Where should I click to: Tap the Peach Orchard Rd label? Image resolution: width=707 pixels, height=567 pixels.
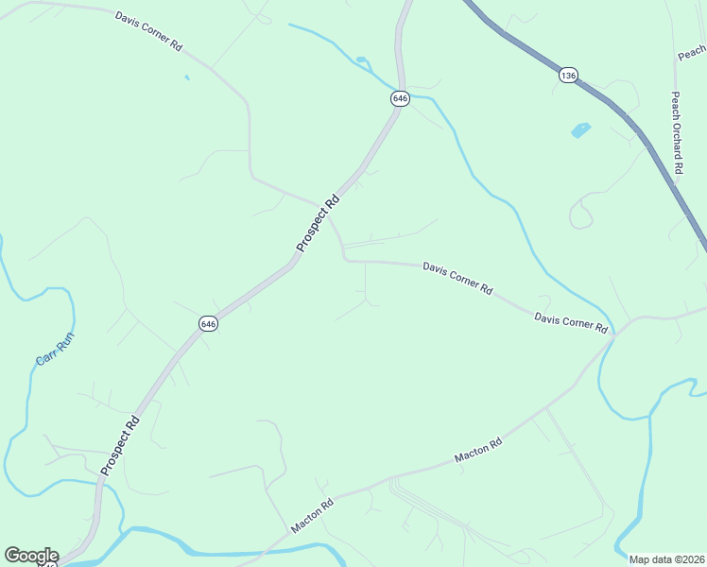tap(677, 132)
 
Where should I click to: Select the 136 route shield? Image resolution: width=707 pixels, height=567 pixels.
tap(567, 75)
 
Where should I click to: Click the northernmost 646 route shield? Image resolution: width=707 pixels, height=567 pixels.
tap(399, 97)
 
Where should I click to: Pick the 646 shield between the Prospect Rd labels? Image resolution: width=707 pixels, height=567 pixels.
tap(209, 323)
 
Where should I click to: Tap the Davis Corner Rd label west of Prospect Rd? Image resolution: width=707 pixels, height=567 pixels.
tap(149, 31)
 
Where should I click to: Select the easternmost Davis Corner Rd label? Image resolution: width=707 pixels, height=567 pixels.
tap(570, 321)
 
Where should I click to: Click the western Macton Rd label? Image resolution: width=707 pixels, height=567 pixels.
tap(313, 517)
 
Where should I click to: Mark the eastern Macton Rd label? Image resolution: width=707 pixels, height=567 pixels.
tap(477, 450)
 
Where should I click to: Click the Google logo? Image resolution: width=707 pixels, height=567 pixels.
tap(31, 556)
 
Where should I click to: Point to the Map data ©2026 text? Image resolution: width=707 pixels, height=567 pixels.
tap(667, 559)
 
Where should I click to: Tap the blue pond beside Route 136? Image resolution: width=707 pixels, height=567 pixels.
tap(580, 130)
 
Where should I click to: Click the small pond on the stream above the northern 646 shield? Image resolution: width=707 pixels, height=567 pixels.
tap(361, 60)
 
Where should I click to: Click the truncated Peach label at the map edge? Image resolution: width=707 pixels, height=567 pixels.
tap(692, 53)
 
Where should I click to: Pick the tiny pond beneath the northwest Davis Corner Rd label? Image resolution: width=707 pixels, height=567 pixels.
tap(187, 77)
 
